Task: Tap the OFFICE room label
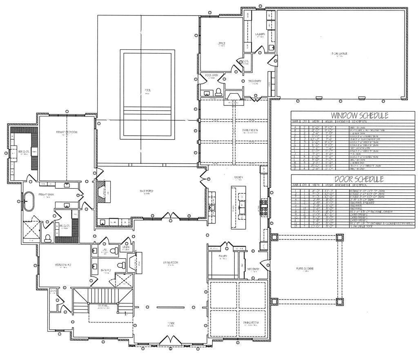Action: point(222,43)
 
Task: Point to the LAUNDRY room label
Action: point(260,34)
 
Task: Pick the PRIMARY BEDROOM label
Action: point(67,132)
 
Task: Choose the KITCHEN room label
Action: point(238,177)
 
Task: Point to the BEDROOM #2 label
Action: point(63,265)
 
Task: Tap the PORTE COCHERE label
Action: point(305,268)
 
